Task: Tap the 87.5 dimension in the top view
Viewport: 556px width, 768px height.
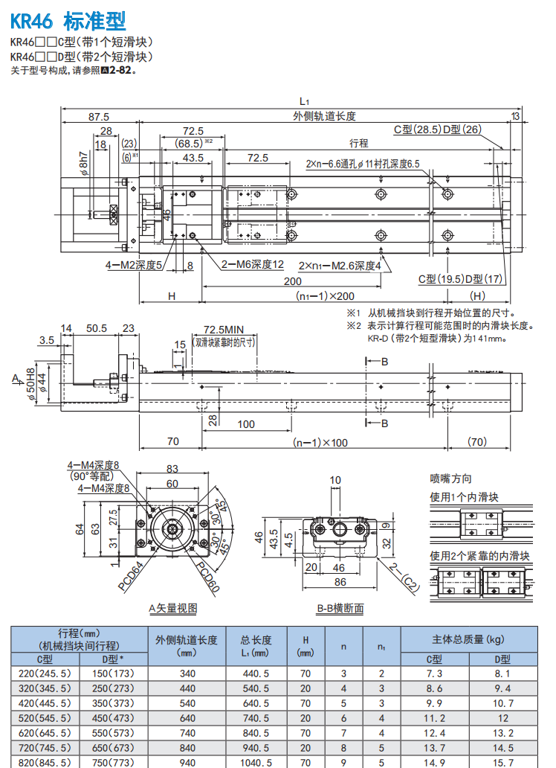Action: [98, 116]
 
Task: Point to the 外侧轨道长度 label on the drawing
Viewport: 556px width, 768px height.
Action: [324, 116]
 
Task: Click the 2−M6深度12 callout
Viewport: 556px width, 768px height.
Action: [253, 264]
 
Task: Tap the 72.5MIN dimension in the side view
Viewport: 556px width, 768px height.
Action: [224, 329]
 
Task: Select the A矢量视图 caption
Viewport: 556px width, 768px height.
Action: [172, 608]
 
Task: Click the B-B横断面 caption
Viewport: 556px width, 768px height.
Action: [340, 608]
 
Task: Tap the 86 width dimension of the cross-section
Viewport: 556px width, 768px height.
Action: [340, 583]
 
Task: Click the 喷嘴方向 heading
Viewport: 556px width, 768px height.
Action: [450, 479]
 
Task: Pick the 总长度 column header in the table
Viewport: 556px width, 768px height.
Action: [256, 639]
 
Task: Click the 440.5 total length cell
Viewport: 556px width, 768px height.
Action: [256, 673]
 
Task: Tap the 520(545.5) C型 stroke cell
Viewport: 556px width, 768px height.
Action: [45, 718]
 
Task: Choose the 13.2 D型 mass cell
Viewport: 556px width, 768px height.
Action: [502, 733]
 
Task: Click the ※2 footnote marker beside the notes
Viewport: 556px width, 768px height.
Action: [353, 325]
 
